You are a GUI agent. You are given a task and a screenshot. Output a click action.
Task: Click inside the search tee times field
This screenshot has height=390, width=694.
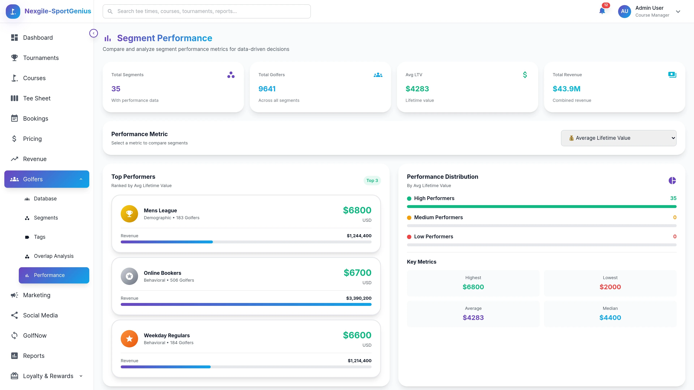(x=206, y=11)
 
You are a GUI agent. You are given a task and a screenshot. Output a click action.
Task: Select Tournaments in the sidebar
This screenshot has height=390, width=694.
(x=41, y=58)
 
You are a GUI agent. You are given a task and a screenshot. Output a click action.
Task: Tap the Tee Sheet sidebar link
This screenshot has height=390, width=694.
(x=37, y=98)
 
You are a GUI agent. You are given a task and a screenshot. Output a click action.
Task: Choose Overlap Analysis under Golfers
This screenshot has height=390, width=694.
(x=54, y=256)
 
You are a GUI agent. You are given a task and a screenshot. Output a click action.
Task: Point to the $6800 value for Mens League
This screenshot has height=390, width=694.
(x=357, y=210)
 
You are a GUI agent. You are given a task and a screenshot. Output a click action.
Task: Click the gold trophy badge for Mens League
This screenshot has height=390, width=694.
(x=129, y=214)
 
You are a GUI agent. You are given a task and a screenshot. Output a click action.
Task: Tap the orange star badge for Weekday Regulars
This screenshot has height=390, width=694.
(x=129, y=339)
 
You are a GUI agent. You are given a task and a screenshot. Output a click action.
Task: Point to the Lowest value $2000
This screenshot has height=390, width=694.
(x=610, y=287)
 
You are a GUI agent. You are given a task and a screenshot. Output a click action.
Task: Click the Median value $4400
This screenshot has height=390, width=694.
(x=610, y=318)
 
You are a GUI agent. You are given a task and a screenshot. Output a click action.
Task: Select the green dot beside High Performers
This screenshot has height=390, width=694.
(x=409, y=199)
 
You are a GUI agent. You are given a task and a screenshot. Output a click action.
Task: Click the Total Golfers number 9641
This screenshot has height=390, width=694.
(x=267, y=89)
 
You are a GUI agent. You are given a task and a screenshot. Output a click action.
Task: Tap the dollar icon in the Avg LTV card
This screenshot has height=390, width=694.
(x=524, y=75)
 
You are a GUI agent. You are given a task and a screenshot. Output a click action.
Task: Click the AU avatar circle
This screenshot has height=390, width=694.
(x=624, y=11)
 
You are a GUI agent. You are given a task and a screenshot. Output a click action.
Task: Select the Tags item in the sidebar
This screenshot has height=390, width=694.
(x=40, y=237)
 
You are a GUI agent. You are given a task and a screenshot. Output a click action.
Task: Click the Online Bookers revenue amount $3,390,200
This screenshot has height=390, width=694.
(x=359, y=298)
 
